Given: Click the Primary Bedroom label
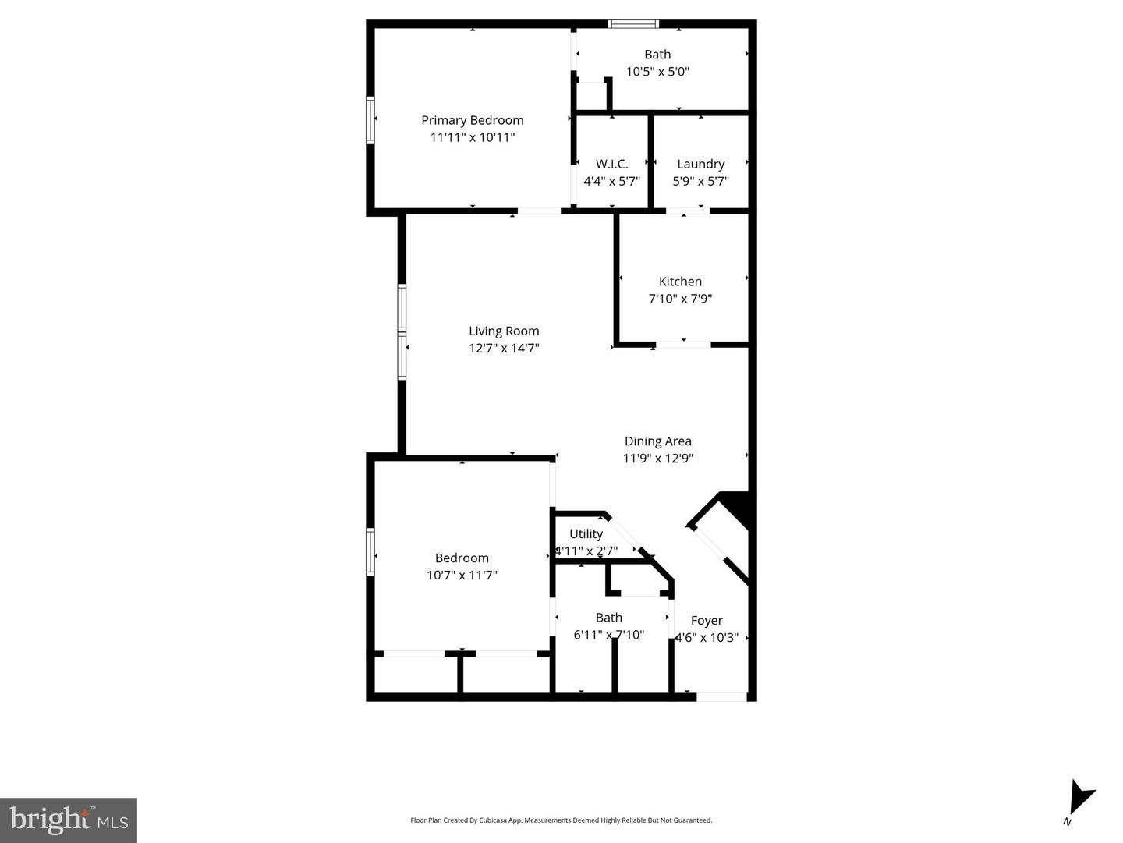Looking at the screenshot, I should point(472,120).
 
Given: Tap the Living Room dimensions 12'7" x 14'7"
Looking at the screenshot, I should point(504,349).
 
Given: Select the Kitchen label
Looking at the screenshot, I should point(680,282).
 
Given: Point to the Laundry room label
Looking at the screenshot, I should point(700,164).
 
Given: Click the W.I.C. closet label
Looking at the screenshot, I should point(611,164).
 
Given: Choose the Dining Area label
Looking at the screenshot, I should point(657,441).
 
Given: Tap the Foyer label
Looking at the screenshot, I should point(707,621).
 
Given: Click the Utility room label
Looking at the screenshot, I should point(586,534).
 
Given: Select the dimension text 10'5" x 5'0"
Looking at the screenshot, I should point(657,72).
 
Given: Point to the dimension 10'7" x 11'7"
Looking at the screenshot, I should point(462,576).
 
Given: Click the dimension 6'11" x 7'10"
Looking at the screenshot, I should point(608,635).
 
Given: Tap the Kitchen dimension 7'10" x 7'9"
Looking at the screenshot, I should point(680,299).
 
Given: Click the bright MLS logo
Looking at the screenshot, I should point(69,820).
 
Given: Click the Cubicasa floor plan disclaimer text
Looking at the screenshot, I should point(561,820).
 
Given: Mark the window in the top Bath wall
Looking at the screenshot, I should point(633,24).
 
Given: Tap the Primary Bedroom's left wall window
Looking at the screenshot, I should point(370,120).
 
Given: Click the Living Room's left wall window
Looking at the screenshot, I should point(402,332).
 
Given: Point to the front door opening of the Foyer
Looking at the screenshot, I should point(721,696).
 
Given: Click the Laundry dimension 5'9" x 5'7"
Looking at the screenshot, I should point(700,181).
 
